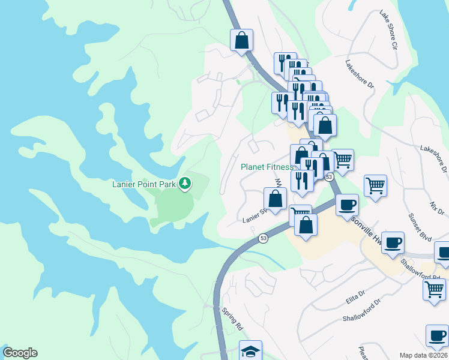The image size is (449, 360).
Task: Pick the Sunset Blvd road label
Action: pos(420,227)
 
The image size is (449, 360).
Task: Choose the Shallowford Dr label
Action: pos(362,310)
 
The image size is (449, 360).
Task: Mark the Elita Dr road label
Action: pos(354,296)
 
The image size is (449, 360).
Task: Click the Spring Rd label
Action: pos(231,320)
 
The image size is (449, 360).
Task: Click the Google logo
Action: pos(20,353)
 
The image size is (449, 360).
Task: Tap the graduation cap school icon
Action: pos(250,351)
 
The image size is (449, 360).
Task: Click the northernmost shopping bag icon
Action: pos(241,40)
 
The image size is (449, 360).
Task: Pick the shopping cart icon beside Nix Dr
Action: pos(375,185)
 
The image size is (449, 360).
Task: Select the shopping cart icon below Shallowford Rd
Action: pos(434,289)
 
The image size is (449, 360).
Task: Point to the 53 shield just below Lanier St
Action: pos(264,239)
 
